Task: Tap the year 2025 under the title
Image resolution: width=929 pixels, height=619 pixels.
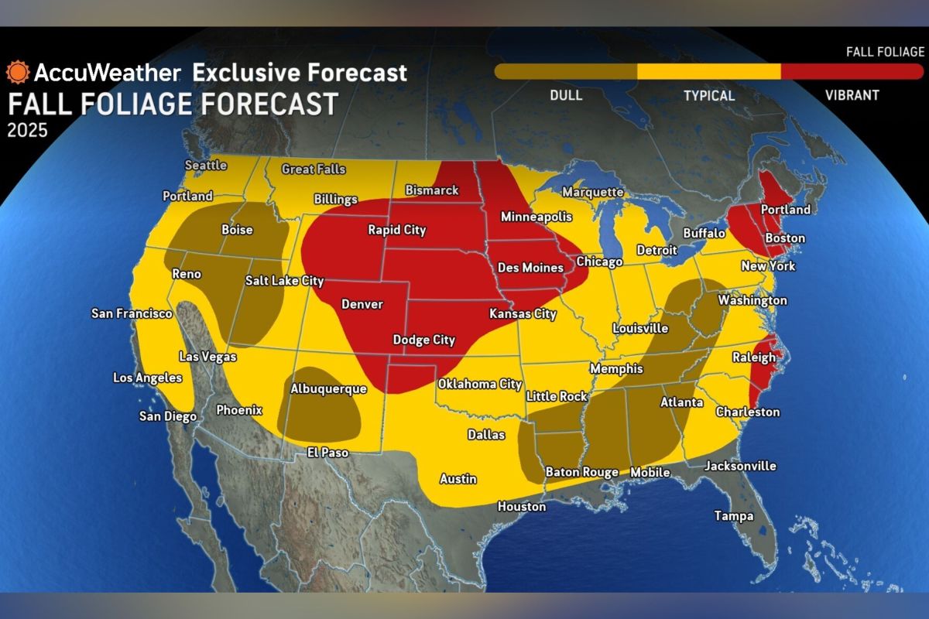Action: click(x=27, y=130)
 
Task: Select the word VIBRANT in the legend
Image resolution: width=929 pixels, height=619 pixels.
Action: click(x=851, y=96)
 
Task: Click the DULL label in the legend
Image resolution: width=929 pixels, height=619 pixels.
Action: click(x=565, y=96)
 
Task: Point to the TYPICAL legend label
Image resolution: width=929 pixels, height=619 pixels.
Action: click(x=708, y=96)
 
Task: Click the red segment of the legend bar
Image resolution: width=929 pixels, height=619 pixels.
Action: click(x=852, y=71)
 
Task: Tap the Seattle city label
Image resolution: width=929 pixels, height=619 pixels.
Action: click(x=206, y=165)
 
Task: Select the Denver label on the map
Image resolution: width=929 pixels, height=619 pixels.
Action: click(x=362, y=304)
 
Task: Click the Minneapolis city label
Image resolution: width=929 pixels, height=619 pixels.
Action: click(x=536, y=216)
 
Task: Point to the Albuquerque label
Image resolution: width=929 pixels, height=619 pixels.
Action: click(x=327, y=389)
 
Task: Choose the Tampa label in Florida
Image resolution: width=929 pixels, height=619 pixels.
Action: click(x=733, y=516)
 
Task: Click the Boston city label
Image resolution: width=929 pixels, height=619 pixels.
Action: click(x=784, y=238)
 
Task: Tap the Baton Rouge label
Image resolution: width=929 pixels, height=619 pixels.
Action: click(x=581, y=472)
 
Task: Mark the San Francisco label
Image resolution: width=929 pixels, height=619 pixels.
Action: click(x=132, y=313)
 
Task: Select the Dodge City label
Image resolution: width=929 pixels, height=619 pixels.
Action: click(x=423, y=340)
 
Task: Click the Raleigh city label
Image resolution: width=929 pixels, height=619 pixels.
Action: click(x=753, y=357)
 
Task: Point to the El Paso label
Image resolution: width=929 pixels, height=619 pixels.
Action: click(x=327, y=453)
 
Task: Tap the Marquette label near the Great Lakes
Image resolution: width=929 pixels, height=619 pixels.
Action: click(x=592, y=192)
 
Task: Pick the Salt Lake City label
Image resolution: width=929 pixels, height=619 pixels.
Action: click(x=284, y=281)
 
